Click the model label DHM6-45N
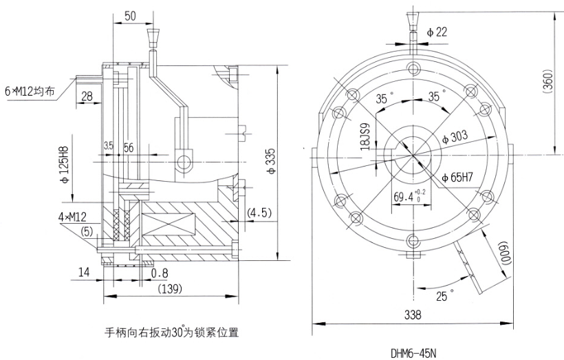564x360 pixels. [x=413, y=354]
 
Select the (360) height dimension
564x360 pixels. [x=548, y=83]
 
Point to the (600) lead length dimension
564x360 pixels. [x=502, y=255]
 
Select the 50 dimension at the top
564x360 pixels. [x=130, y=17]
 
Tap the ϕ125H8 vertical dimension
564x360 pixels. [x=64, y=165]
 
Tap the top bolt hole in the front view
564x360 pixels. [x=413, y=67]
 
